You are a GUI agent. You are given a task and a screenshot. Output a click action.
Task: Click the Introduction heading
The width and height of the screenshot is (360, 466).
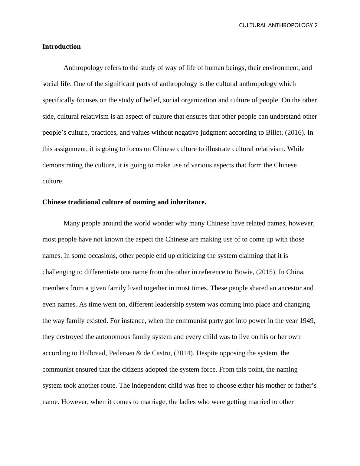(x=61, y=47)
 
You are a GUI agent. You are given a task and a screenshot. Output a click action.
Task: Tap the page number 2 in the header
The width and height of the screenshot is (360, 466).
(x=316, y=25)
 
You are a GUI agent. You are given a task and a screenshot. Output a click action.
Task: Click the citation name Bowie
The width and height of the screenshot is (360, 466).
(x=244, y=272)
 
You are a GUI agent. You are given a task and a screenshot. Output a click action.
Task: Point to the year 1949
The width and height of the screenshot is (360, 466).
(x=307, y=320)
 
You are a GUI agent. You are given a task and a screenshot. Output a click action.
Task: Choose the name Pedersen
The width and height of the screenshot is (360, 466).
(x=122, y=353)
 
